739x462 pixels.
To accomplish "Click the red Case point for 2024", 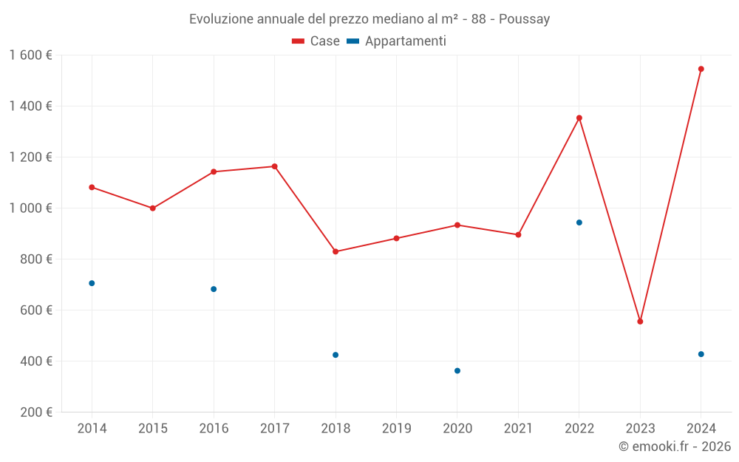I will click(701, 69).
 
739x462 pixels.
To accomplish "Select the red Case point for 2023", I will click(640, 322).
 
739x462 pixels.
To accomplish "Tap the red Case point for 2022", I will click(579, 118).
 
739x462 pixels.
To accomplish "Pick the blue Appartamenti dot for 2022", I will click(579, 222).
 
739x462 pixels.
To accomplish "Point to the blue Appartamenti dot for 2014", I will click(92, 283).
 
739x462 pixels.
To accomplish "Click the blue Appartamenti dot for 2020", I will click(457, 370).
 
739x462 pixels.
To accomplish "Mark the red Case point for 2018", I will click(336, 251).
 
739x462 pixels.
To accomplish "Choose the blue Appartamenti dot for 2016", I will click(214, 289).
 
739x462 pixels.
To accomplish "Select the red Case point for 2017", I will click(274, 166).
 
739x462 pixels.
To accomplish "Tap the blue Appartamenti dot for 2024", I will click(701, 354).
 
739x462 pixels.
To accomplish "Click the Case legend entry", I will click(316, 41).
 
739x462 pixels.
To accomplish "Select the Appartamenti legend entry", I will click(397, 41).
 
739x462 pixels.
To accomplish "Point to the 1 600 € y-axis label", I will click(31, 55).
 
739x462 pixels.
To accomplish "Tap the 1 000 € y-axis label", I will click(31, 208).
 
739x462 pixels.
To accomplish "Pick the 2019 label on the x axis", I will click(396, 429).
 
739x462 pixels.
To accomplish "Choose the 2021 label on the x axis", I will click(518, 429).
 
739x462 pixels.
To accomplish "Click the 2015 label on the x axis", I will click(153, 429).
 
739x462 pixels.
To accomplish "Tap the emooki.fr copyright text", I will click(675, 446).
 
